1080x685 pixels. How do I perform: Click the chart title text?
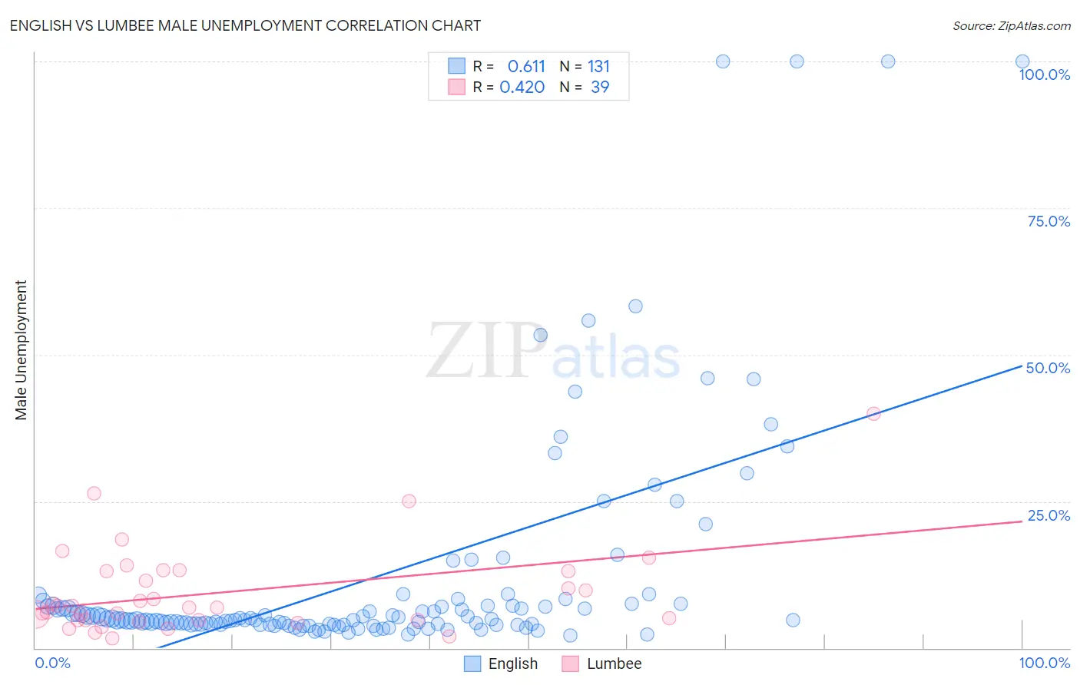[245, 25]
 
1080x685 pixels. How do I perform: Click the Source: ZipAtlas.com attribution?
[1011, 25]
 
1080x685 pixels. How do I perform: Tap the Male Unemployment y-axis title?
[21, 350]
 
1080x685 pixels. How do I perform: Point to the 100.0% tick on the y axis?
[1044, 74]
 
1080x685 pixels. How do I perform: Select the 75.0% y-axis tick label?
[1049, 221]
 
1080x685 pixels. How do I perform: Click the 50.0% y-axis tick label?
[1048, 368]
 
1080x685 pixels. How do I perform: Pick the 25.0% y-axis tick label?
[1049, 515]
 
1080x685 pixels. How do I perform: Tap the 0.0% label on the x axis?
[52, 663]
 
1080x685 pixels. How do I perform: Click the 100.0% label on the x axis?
[1044, 663]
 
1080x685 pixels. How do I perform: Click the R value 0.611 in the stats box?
[526, 66]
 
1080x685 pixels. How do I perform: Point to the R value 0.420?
[522, 87]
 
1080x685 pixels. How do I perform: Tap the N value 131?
[598, 66]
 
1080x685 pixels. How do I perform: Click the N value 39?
[600, 87]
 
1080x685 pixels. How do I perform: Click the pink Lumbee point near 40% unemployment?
[873, 413]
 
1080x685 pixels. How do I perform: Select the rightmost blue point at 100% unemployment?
[1022, 61]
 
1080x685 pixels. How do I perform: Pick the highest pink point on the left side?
[94, 493]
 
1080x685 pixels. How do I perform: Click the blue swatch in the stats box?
[456, 66]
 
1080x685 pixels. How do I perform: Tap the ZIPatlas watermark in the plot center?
[553, 352]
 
